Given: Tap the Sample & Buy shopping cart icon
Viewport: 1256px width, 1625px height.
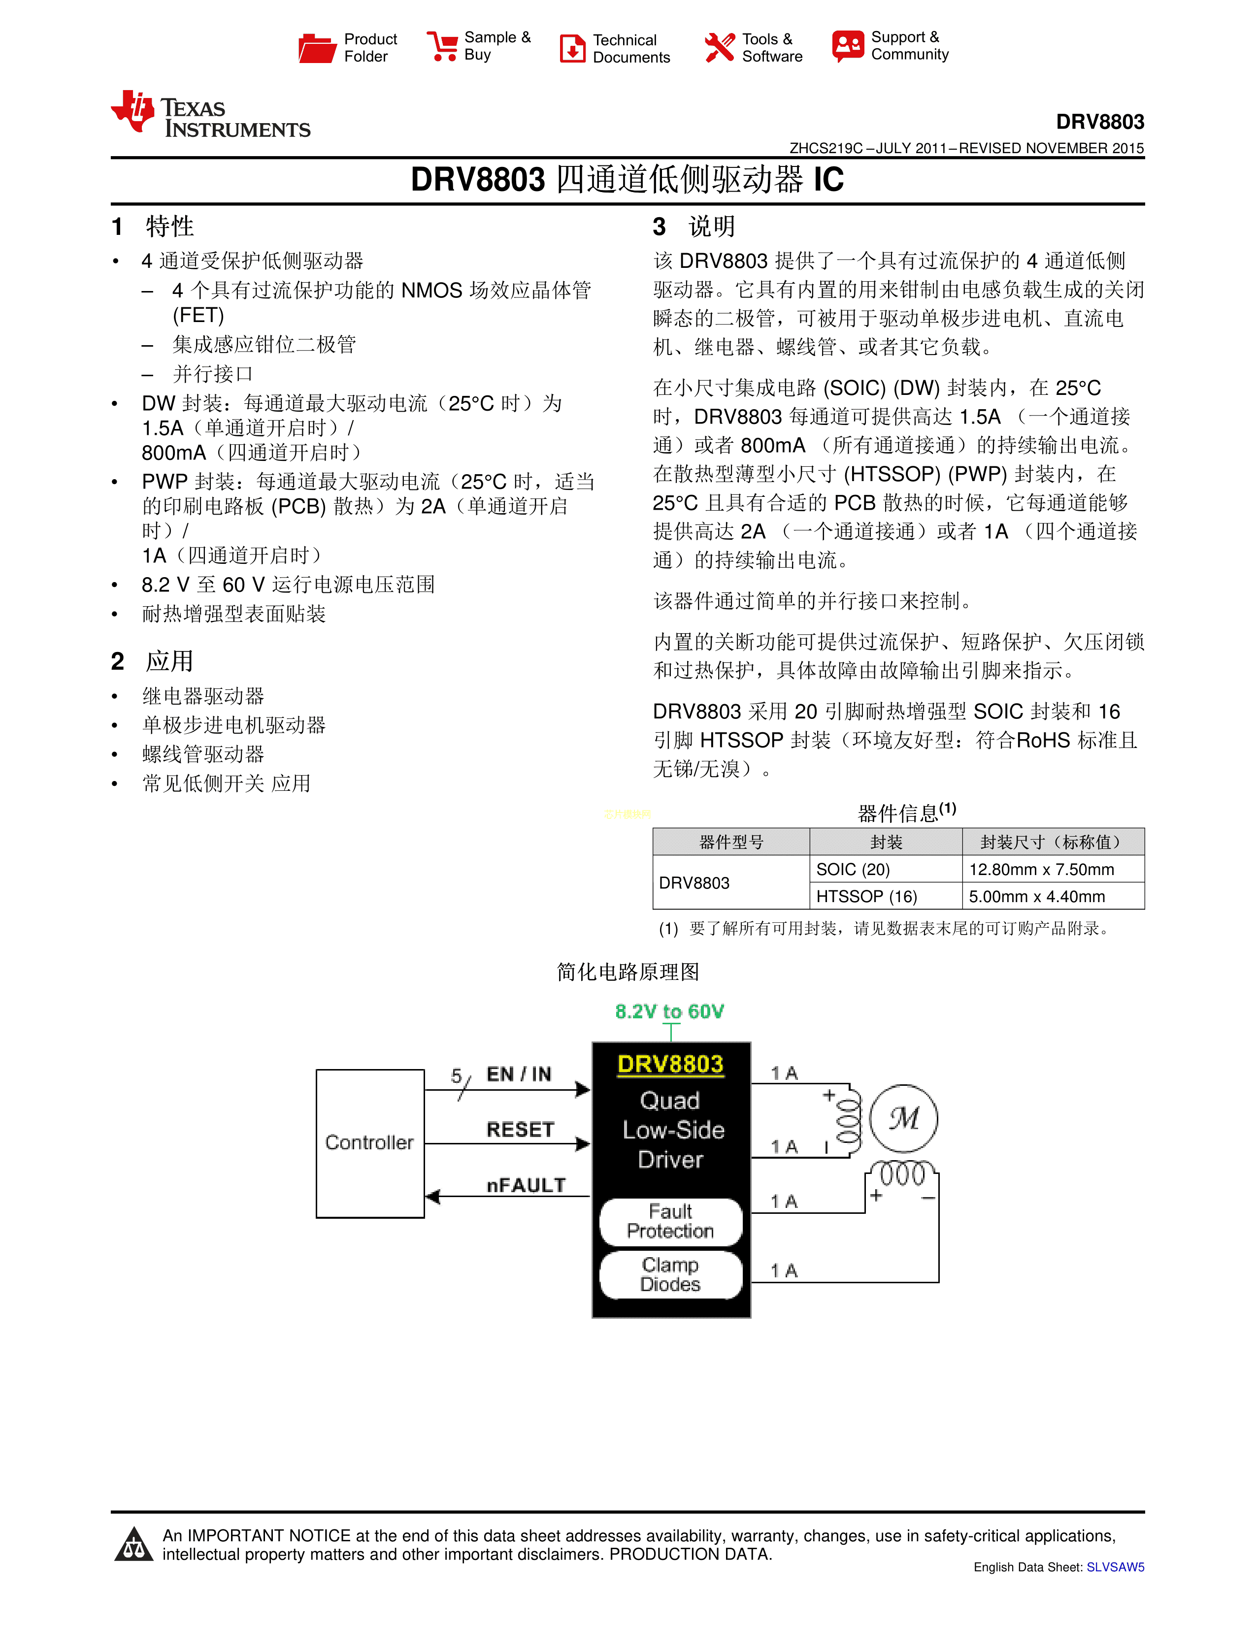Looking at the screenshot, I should (x=442, y=46).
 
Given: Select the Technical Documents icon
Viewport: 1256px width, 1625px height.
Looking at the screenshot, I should (x=572, y=48).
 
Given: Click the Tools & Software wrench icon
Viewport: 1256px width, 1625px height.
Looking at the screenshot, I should (x=719, y=48).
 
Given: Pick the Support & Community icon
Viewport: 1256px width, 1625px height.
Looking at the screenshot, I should (x=848, y=46).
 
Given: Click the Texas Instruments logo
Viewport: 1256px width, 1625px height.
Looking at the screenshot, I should (x=211, y=115).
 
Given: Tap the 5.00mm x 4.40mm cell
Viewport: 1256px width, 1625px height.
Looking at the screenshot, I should (x=1036, y=897).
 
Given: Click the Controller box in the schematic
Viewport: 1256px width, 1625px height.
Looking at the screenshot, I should (x=370, y=1143).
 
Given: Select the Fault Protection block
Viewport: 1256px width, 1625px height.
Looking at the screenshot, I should (x=670, y=1221).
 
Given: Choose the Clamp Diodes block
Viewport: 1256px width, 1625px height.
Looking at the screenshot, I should (x=670, y=1274).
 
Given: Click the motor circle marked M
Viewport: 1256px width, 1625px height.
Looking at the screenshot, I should (x=903, y=1118).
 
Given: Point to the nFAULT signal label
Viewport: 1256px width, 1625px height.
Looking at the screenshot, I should (x=526, y=1185).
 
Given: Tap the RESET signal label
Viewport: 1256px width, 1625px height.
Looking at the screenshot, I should (x=520, y=1130).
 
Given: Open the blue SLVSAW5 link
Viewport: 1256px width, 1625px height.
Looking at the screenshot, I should (x=1115, y=1567).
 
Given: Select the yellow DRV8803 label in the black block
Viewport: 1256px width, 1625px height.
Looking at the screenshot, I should (x=670, y=1064).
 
